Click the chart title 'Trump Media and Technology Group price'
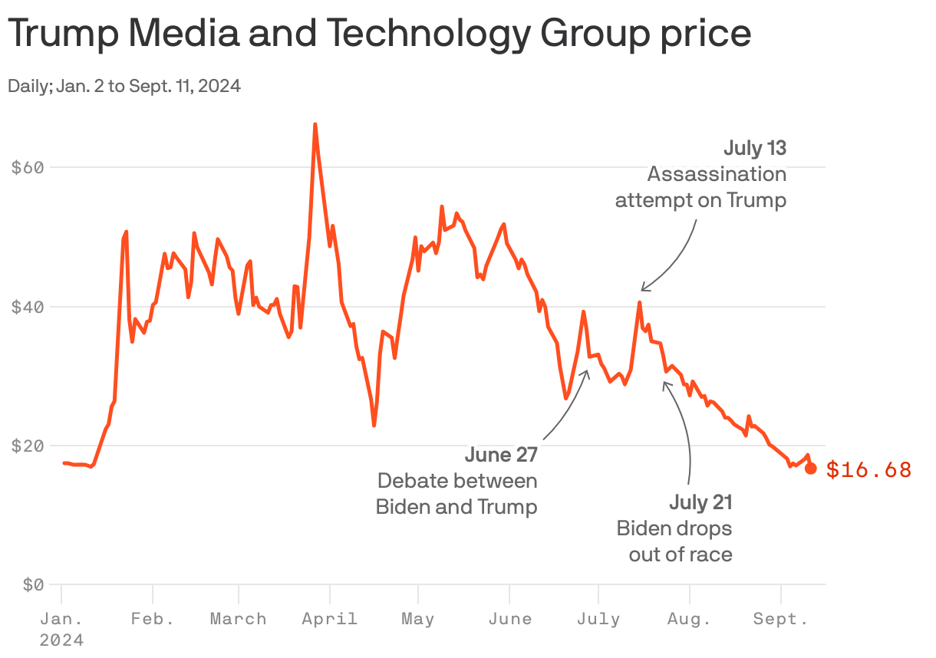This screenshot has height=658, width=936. pos(379,34)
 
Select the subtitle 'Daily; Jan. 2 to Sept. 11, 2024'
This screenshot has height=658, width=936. pos(124,86)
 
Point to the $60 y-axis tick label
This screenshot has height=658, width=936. pos(27,167)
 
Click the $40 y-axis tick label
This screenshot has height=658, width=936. pos(27,307)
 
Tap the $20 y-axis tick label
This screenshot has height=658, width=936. pos(27,446)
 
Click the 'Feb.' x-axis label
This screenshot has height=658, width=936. pos(153,619)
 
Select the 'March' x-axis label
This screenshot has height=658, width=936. pos(239,619)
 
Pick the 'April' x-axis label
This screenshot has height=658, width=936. pos(330,619)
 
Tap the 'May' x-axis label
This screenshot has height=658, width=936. pos(418,619)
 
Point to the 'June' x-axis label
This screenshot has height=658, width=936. pos(509,619)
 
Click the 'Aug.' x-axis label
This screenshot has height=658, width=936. pos(690,619)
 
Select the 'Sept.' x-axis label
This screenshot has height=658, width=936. pos(780,619)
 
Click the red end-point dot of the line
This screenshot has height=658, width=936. pos(811,469)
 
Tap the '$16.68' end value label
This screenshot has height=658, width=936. pos(868,470)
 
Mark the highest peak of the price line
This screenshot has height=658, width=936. pos(315,124)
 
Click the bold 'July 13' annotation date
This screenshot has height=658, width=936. pos(754,148)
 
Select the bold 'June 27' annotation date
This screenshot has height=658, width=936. pos(501,455)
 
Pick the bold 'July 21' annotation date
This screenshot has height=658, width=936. pos(700,503)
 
